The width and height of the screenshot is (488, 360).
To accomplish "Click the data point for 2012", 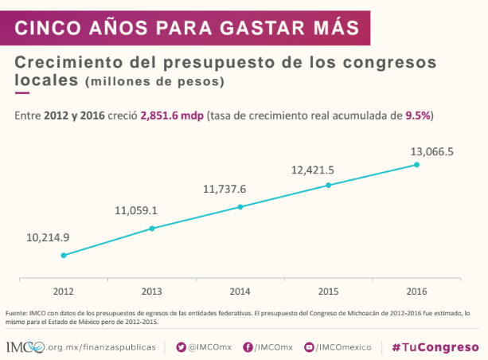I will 64,256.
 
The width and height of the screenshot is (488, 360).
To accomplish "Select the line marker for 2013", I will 152,229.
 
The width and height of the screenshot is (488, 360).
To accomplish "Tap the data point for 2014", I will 240,207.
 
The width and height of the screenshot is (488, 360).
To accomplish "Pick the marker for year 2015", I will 329,186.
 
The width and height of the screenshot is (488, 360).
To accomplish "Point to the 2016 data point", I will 416,165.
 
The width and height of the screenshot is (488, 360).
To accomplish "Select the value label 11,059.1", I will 136,211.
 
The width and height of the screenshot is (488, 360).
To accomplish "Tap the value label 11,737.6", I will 225,189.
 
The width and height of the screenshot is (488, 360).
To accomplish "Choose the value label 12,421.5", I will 312,169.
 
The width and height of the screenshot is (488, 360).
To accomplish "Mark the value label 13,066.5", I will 431,151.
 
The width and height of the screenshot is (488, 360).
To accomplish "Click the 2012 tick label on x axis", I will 64,291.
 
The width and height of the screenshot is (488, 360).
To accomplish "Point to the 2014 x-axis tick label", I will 240,291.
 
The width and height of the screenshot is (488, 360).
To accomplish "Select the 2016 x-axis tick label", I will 416,291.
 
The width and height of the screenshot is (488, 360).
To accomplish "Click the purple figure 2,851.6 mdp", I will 171,115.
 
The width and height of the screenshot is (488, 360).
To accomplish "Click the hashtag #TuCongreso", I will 435,347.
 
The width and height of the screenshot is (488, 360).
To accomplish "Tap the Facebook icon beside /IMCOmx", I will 248,347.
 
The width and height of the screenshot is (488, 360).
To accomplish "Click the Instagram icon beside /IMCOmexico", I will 310,347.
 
